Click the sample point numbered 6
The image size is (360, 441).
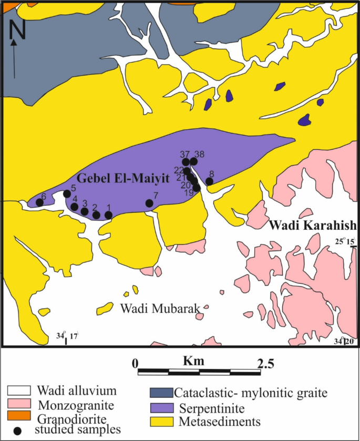click(x=39, y=202)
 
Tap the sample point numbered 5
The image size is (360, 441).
click(x=67, y=194)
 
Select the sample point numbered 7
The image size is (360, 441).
click(x=149, y=203)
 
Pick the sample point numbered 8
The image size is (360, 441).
click(x=209, y=181)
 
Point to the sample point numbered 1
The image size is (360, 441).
click(x=108, y=214)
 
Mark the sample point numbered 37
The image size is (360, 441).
click(x=186, y=161)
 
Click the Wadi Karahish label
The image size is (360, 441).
click(x=313, y=226)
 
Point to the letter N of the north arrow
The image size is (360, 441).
click(x=17, y=31)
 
